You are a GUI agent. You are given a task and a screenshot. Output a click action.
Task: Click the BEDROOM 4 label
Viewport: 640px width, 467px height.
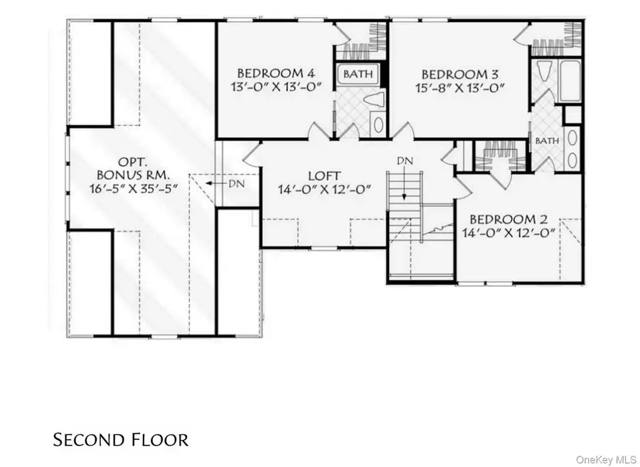(x=275, y=73)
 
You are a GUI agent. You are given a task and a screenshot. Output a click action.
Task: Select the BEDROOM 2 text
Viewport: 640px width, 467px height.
(x=508, y=218)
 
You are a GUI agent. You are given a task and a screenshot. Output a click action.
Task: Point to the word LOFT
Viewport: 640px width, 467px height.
(x=324, y=176)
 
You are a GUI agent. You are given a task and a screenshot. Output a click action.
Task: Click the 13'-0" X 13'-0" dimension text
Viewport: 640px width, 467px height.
(x=275, y=87)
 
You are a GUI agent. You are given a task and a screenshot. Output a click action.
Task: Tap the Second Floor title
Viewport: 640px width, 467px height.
(x=121, y=440)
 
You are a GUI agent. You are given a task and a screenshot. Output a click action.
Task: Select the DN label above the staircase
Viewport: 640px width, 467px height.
(x=405, y=161)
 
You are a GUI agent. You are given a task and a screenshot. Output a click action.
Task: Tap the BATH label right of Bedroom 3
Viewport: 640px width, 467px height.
(x=546, y=141)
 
